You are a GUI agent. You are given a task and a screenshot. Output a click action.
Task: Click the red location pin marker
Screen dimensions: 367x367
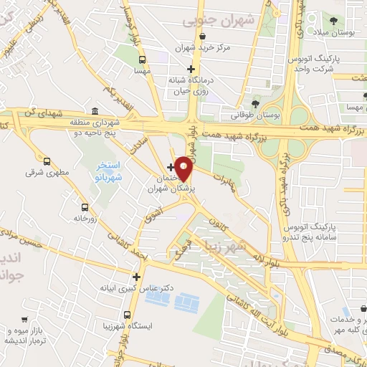coord(183,168)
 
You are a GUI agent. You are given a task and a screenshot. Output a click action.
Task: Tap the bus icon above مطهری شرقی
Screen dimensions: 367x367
coord(47,162)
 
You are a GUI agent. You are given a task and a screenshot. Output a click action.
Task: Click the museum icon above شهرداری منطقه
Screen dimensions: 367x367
coord(95,112)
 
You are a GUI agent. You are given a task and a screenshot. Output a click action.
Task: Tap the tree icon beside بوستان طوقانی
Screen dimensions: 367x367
coord(256,105)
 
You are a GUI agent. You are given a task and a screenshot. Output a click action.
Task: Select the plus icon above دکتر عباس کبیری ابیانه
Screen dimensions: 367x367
coord(136,276)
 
